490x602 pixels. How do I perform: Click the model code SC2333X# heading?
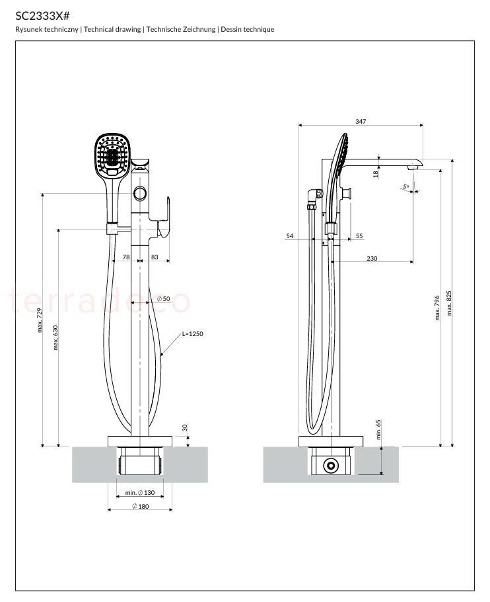pos(42,16)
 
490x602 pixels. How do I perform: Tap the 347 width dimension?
pos(361,121)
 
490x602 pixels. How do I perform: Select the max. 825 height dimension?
pos(449,303)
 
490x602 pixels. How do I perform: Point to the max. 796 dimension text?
pos(437,308)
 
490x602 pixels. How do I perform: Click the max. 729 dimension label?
pos(40,320)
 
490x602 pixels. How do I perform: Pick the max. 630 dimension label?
pos(55,338)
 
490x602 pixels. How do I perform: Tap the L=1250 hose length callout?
pos(192,334)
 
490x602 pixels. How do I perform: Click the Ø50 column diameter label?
pos(163,299)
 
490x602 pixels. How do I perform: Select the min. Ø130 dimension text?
pos(140,493)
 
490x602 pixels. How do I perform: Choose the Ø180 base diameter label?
pos(140,506)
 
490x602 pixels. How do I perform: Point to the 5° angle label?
pos(405,187)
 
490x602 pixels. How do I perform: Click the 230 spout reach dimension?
pos(372,259)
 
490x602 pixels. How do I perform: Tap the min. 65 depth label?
pos(378,429)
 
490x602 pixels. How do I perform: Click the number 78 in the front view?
pos(126,257)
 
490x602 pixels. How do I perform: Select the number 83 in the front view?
pos(155,257)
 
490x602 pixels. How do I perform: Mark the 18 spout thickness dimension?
pos(376,173)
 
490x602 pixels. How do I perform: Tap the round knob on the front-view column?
pos(140,193)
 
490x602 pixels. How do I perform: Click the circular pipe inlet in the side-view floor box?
pos(331,466)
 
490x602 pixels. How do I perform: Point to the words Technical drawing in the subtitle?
pos(112,29)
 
